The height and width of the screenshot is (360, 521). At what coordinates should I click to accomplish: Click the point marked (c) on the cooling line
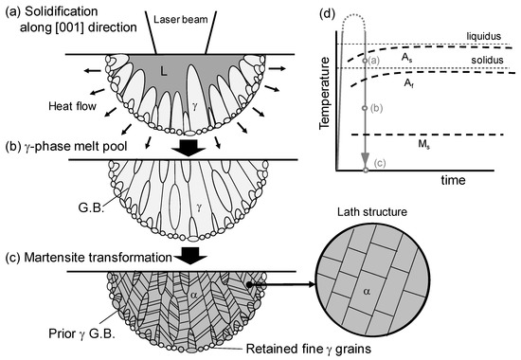pyautogui.click(x=366, y=170)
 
